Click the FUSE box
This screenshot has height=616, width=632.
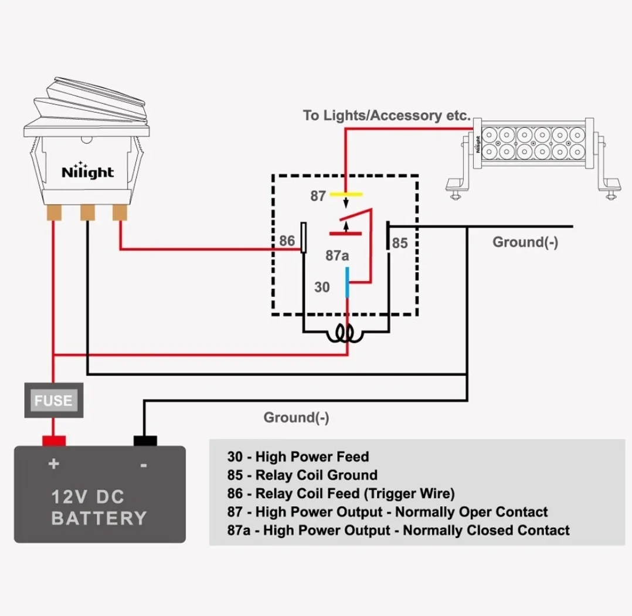tap(54, 400)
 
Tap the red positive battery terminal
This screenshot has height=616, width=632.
tap(54, 441)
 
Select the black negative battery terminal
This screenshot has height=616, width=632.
tap(145, 441)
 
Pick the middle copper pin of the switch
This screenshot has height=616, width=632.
tap(87, 212)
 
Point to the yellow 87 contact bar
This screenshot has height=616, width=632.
tap(346, 194)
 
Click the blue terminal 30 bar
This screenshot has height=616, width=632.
tap(347, 282)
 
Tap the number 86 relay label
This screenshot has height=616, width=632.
tap(287, 241)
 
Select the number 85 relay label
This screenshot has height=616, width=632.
tap(400, 243)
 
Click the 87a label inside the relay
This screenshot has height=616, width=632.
tap(337, 256)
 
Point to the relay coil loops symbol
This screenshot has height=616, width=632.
tap(345, 333)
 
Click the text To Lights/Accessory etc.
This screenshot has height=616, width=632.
tap(387, 116)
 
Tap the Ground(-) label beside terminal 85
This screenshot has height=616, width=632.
tap(525, 242)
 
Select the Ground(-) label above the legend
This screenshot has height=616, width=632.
tap(296, 417)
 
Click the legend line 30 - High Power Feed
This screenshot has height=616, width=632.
tap(298, 456)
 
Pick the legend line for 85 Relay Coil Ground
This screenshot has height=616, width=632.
tap(303, 475)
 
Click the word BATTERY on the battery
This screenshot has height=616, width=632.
tap(99, 519)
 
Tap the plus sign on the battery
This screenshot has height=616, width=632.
tap(53, 464)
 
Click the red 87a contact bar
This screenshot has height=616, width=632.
tap(345, 233)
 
